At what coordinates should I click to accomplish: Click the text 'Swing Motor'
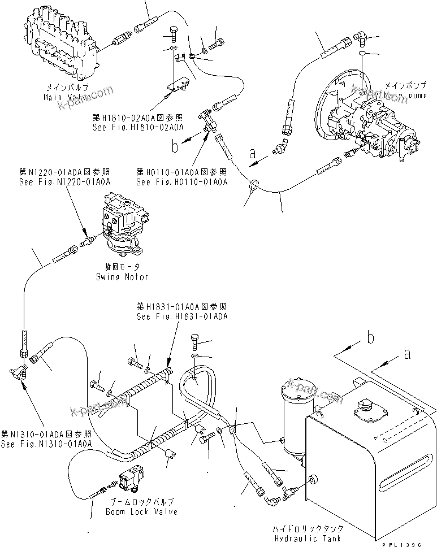pyautogui.click(x=122, y=277)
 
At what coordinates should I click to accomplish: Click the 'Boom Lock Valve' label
pyautogui.click(x=141, y=511)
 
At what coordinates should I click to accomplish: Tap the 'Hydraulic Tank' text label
pyautogui.click(x=309, y=539)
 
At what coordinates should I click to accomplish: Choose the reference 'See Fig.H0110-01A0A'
pyautogui.click(x=181, y=182)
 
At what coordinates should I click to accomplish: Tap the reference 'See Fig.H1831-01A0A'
pyautogui.click(x=181, y=317)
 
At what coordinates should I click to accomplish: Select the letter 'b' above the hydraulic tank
pyautogui.click(x=370, y=338)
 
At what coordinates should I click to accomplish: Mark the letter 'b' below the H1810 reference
pyautogui.click(x=175, y=147)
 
